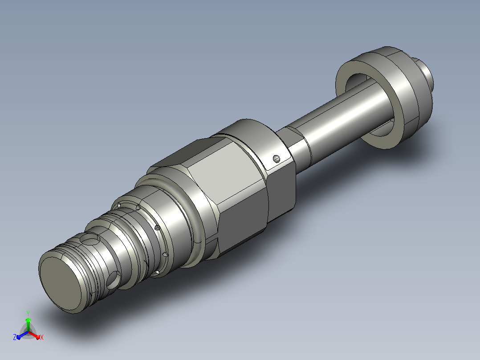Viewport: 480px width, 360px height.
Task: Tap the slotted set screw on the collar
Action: coord(277,159)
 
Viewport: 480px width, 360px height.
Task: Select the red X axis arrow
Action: coord(34,335)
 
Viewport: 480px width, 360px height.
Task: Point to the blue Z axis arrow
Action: coord(22,335)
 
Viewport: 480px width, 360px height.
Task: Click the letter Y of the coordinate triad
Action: coord(28,313)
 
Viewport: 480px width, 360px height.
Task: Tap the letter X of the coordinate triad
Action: coord(42,337)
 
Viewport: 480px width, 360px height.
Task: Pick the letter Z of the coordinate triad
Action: coord(15,337)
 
